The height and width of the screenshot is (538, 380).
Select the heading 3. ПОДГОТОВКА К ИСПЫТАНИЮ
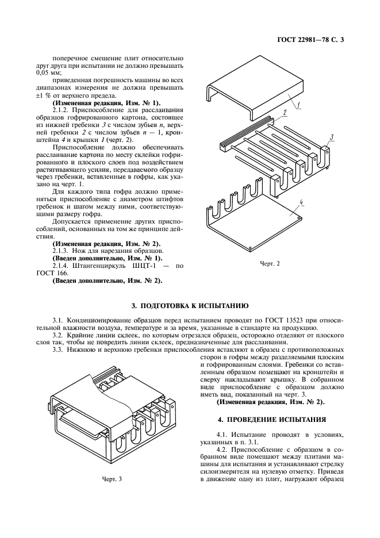point(190,306)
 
